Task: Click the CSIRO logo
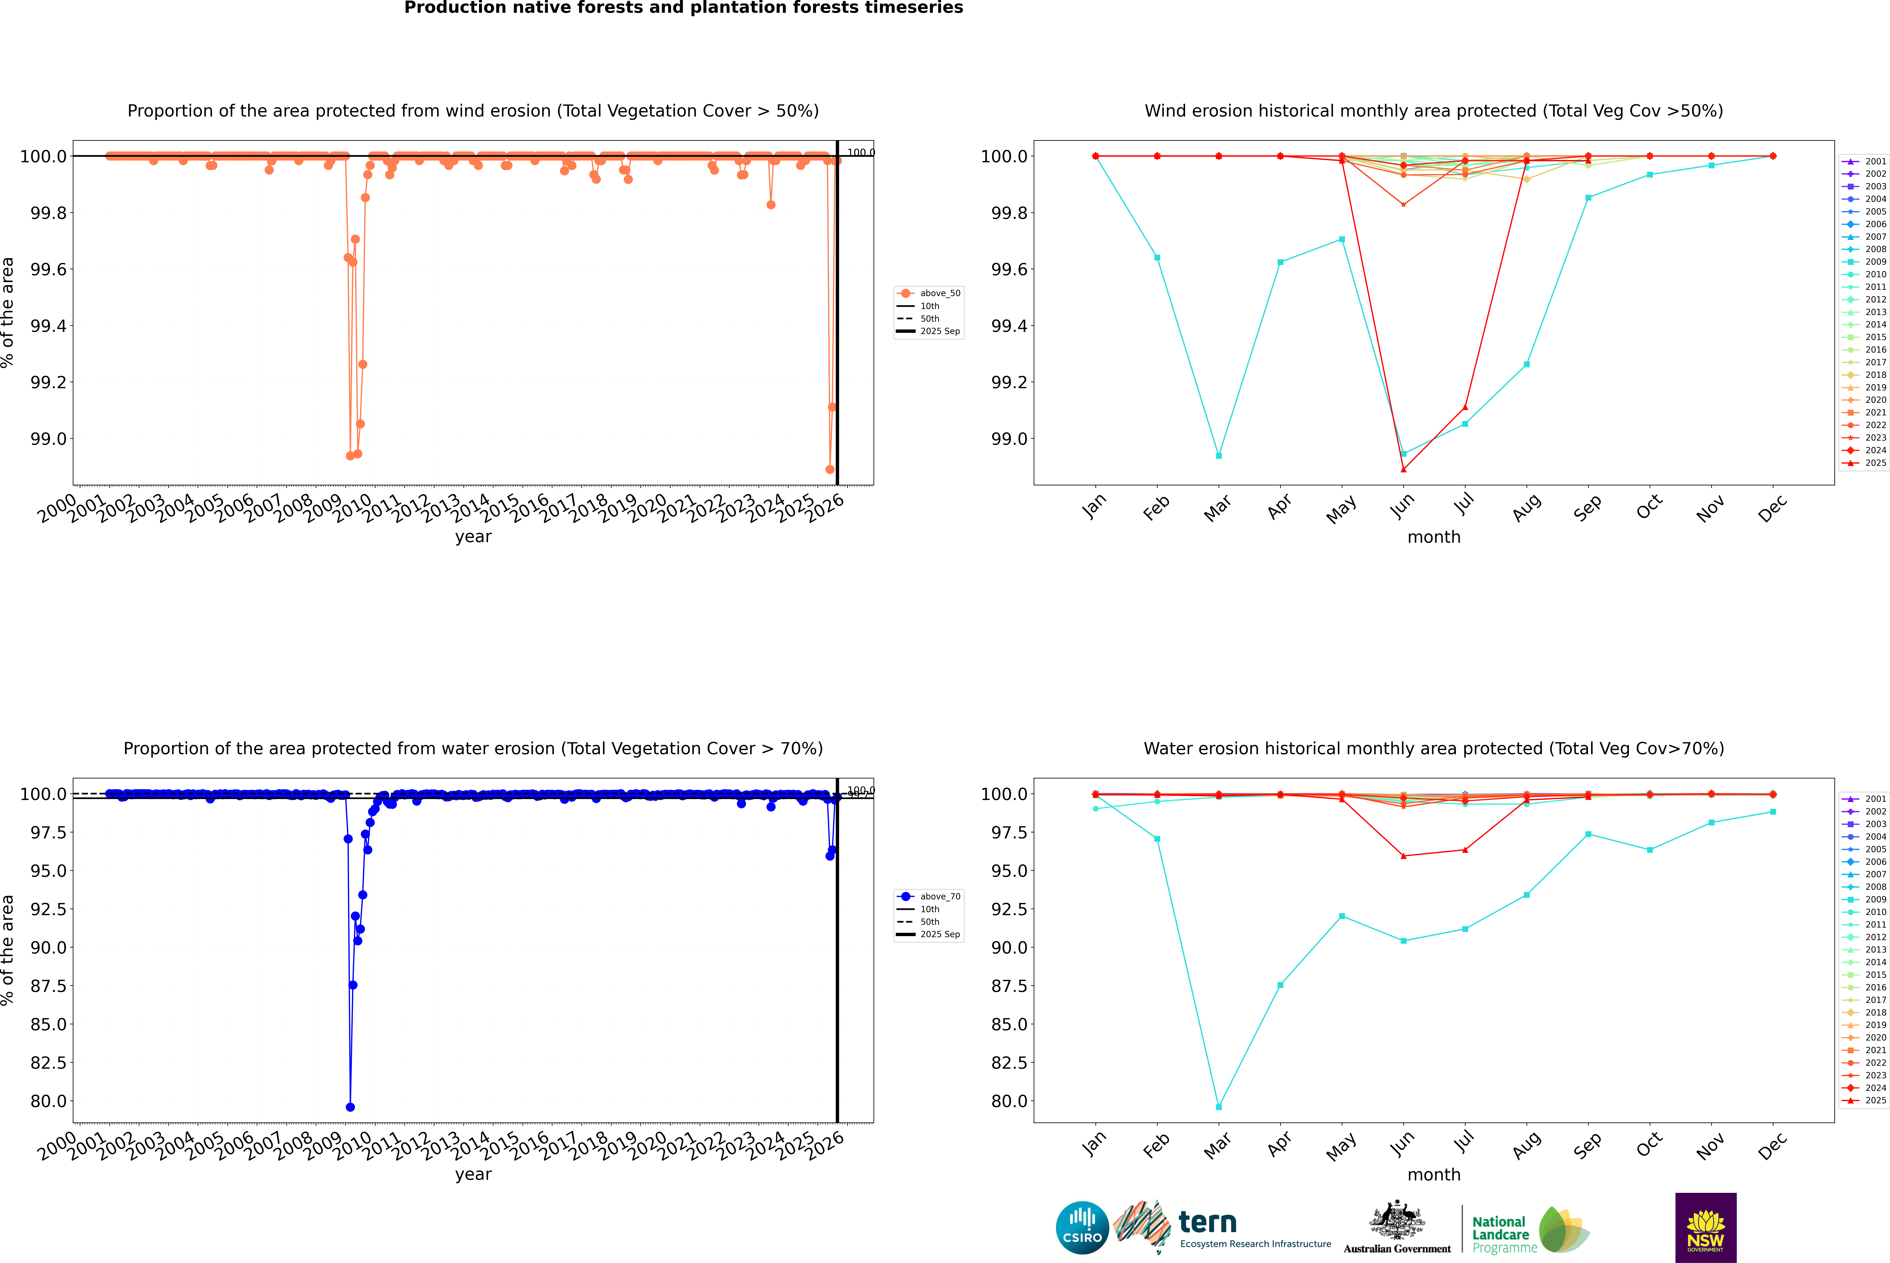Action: pos(1082,1228)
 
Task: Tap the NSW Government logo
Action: pos(1705,1228)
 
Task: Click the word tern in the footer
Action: pos(1207,1222)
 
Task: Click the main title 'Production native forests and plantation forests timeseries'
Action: pos(683,8)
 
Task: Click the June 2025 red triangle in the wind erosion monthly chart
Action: pos(1403,470)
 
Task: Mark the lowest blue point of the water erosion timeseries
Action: pos(350,1107)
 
